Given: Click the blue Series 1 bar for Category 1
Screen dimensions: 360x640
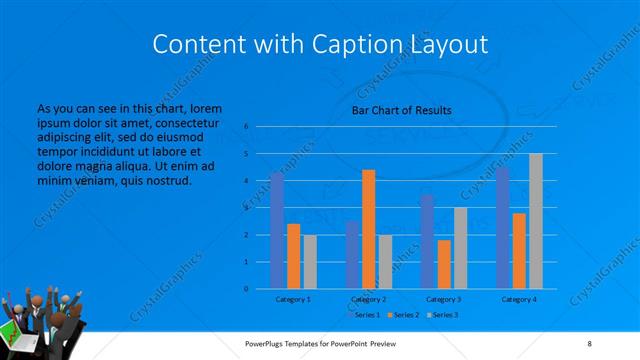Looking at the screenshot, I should [x=277, y=231].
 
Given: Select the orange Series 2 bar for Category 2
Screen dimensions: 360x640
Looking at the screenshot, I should [x=368, y=229].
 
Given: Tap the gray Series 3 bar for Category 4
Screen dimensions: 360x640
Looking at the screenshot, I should [x=536, y=221].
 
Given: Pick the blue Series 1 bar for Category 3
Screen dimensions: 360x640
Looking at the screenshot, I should [x=428, y=242].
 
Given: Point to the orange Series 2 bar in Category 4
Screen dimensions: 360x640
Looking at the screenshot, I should [x=519, y=251].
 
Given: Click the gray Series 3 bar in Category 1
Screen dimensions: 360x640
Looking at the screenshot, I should [x=310, y=262].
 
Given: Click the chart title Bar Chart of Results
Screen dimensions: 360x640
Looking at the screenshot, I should [x=401, y=110].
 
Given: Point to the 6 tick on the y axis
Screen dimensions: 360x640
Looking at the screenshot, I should [x=246, y=127].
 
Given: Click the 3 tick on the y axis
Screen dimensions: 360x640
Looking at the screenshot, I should [x=246, y=208].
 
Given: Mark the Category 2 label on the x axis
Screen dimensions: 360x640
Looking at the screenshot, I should [x=369, y=299].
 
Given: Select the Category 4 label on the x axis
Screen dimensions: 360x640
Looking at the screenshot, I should [x=519, y=299].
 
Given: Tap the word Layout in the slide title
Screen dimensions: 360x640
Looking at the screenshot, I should [x=446, y=45].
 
